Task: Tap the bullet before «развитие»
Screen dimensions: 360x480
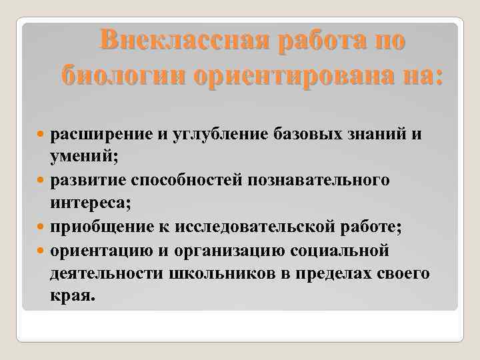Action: coord(43,181)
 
